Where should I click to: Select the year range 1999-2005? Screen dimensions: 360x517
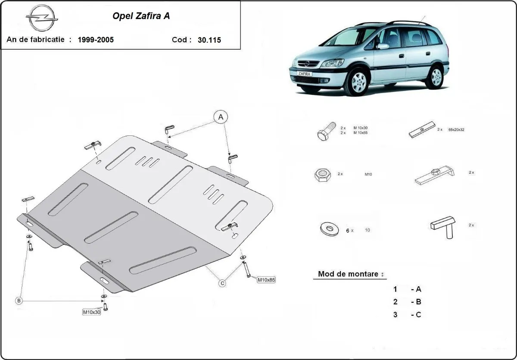(96, 40)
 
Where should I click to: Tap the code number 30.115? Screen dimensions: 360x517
(209, 40)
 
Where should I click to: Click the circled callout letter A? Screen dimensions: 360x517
(221, 116)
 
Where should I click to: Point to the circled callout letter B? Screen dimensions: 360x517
(19, 301)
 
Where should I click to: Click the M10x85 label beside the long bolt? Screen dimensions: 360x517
(266, 279)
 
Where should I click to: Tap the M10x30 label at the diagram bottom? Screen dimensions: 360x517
(91, 312)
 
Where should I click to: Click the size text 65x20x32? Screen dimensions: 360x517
(456, 129)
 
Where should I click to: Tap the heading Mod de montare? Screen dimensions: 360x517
(348, 274)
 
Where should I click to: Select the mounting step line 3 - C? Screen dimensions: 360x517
(407, 315)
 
